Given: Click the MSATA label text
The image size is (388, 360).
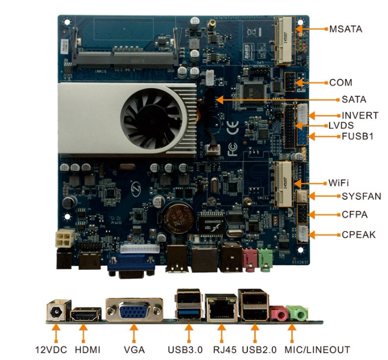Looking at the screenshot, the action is pyautogui.click(x=346, y=28).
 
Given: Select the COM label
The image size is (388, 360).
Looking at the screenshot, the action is pyautogui.click(x=340, y=82).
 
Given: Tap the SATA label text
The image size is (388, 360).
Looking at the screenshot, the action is pyautogui.click(x=354, y=100).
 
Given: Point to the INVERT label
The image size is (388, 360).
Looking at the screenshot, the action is pyautogui.click(x=360, y=115).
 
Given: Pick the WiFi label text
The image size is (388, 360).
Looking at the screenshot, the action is pyautogui.click(x=339, y=183).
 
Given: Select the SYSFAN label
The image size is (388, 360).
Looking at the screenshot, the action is pyautogui.click(x=361, y=197).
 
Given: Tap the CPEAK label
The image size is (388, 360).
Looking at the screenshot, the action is pyautogui.click(x=359, y=234).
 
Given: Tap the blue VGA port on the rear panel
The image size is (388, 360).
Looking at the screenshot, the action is pyautogui.click(x=133, y=313).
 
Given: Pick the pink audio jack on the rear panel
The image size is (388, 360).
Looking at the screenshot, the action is pyautogui.click(x=277, y=314).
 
